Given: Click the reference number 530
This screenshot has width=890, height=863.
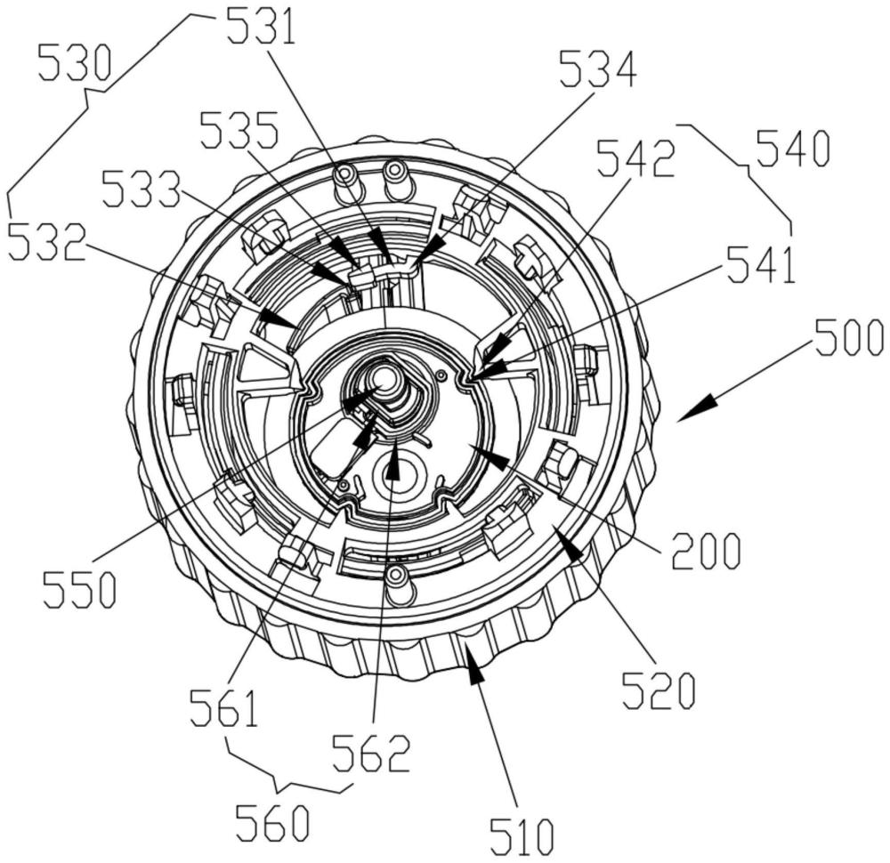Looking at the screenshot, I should (x=77, y=64).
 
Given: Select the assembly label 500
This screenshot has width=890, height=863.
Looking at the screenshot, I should (x=847, y=338).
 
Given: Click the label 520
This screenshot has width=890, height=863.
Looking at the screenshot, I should (x=658, y=690).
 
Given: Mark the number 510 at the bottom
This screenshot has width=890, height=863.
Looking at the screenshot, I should (x=521, y=835).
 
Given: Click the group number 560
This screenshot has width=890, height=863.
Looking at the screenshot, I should (x=272, y=824).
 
